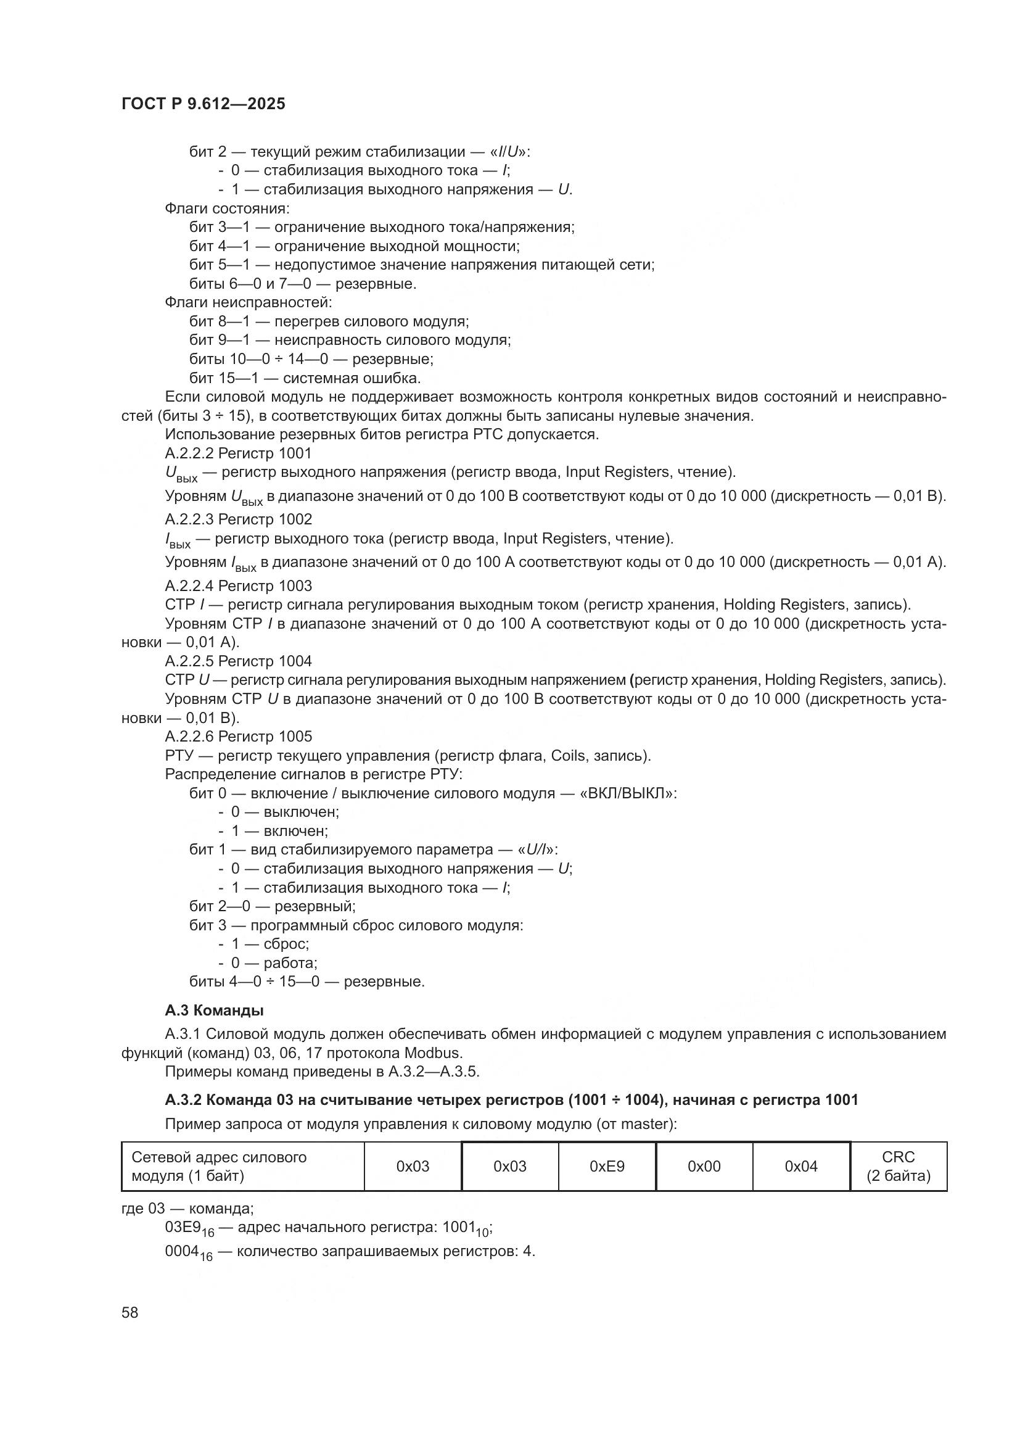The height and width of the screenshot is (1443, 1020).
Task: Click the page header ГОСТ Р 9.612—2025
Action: point(203,104)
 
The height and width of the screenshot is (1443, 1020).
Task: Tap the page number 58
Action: point(130,1312)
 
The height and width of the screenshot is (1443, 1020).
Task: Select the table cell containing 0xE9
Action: point(607,1167)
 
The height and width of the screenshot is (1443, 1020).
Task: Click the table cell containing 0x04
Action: point(801,1167)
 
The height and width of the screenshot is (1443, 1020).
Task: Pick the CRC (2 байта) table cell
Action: point(898,1167)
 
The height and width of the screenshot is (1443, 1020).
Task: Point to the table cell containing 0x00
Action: point(704,1167)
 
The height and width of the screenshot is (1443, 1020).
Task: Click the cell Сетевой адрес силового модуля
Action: point(242,1167)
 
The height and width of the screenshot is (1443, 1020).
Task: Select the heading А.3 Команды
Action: point(213,1011)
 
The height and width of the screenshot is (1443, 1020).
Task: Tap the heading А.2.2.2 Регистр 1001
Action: point(238,453)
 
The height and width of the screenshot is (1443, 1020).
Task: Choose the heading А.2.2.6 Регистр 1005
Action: point(238,736)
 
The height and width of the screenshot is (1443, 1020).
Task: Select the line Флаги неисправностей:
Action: point(248,302)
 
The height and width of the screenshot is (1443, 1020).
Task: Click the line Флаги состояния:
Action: point(227,208)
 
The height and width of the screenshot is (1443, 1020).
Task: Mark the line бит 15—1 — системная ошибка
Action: point(305,378)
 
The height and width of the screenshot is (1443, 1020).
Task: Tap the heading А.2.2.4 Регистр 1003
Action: point(238,585)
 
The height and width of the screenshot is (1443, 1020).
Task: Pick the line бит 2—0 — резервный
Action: point(272,906)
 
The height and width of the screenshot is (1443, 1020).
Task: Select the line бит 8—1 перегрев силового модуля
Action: point(329,321)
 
